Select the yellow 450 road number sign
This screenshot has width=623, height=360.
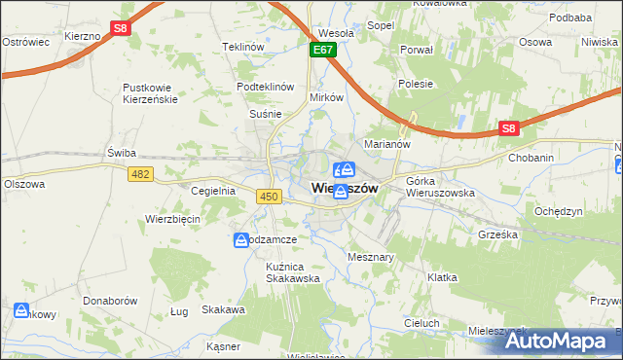pyautogui.click(x=270, y=197)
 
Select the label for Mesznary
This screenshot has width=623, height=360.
pyautogui.click(x=370, y=257)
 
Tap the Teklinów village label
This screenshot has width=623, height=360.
pyautogui.click(x=243, y=47)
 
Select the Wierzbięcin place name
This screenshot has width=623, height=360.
pyautogui.click(x=172, y=219)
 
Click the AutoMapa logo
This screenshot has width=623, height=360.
pyautogui.click(x=556, y=341)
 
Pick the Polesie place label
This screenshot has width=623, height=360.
pyautogui.click(x=416, y=84)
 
